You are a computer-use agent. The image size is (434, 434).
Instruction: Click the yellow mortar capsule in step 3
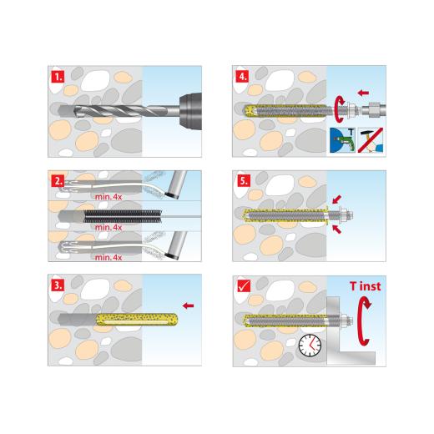tap(129, 319)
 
